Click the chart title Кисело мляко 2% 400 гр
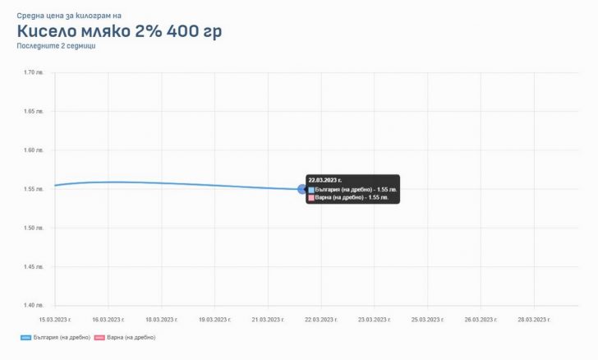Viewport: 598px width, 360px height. click(118, 31)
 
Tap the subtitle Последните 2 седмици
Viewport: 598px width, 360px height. click(56, 47)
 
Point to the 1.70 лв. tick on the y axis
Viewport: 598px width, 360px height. click(34, 73)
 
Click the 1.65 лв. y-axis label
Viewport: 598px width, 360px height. click(34, 112)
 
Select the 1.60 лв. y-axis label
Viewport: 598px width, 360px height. click(34, 150)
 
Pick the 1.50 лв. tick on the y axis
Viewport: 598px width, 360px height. click(34, 228)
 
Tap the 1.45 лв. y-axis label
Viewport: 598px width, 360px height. click(34, 266)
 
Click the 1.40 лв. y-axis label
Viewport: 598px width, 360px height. click(34, 305)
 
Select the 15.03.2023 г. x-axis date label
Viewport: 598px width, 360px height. click(55, 319)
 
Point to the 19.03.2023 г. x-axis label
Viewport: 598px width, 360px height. click(214, 319)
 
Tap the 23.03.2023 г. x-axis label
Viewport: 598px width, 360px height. click(373, 319)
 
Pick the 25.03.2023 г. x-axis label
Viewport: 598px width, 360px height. click(426, 319)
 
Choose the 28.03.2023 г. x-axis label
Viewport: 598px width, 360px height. click(532, 319)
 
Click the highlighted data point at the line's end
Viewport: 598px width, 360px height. click(301, 189)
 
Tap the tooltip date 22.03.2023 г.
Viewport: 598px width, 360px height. click(324, 179)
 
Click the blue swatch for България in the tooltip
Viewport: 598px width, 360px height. click(311, 189)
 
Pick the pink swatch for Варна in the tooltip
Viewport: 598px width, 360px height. click(311, 197)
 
